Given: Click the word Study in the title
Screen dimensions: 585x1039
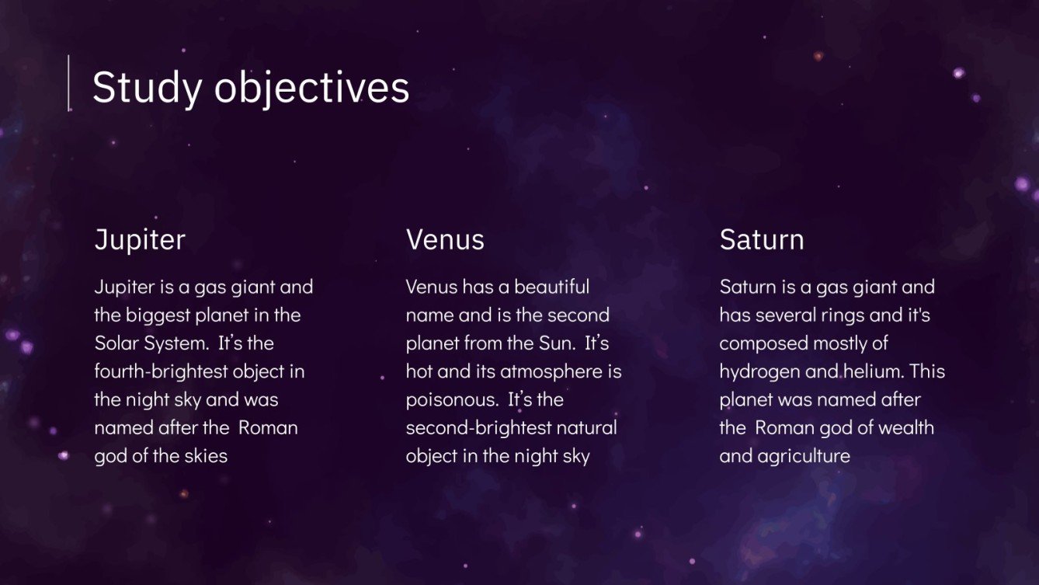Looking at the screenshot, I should (x=147, y=87).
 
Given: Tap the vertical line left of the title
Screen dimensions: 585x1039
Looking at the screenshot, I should (x=69, y=82).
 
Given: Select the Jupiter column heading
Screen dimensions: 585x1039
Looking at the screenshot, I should (x=140, y=239).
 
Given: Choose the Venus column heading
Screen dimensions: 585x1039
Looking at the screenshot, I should (x=445, y=239).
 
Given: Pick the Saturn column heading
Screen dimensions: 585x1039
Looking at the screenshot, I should (x=761, y=239).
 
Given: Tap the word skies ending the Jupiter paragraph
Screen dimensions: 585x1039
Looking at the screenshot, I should (x=207, y=456).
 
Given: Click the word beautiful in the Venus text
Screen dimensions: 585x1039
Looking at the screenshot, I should (x=551, y=287).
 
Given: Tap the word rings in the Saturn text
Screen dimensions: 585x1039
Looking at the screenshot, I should (x=841, y=315).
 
